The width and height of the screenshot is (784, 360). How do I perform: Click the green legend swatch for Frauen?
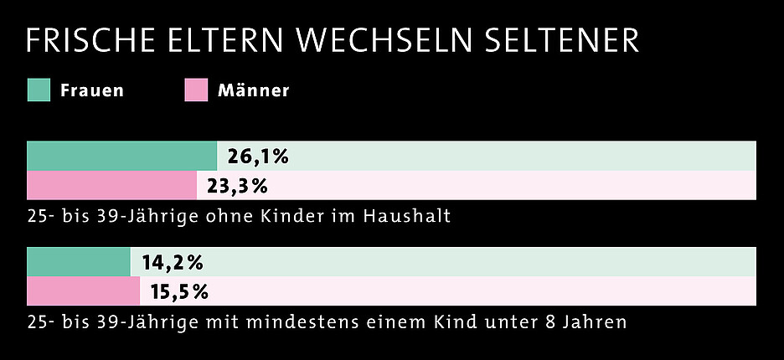tap(39, 90)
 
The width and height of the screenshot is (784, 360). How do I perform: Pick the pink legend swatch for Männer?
tap(195, 90)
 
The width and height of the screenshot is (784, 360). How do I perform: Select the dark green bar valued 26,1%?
tap(121, 156)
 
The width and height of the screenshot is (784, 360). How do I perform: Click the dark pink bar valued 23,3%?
tap(111, 185)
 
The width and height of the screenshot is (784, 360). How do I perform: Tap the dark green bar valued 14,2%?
tap(79, 262)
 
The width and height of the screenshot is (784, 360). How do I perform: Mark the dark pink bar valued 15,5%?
tap(83, 291)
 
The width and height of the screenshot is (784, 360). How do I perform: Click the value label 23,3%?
tap(237, 186)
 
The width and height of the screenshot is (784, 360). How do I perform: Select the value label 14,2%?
tap(173, 263)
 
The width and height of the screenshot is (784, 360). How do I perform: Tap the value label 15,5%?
tap(179, 292)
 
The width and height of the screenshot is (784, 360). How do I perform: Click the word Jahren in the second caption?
tap(596, 322)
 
